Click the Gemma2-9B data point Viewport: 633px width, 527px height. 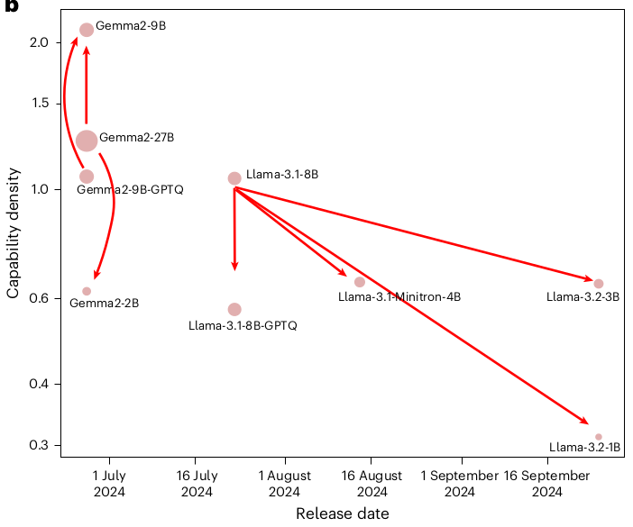coord(87,30)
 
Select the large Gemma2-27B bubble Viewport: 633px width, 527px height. coord(87,141)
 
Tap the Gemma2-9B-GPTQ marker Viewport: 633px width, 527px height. coord(87,177)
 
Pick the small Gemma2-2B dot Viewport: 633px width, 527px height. coord(87,291)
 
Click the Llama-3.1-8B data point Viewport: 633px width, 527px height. coord(234,178)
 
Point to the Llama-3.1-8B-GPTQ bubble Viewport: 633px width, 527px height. coord(234,310)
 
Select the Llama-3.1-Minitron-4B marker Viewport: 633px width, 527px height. coord(360,282)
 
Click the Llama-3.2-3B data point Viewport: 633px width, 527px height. coord(599,284)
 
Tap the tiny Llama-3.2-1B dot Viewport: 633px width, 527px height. coord(599,437)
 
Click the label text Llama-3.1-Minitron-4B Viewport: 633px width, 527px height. coord(399,296)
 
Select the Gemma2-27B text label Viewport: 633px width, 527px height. coord(136,138)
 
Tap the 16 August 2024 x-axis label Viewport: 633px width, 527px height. coord(372,484)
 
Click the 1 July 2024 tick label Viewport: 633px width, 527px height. coord(109,484)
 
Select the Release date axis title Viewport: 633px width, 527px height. coord(343,513)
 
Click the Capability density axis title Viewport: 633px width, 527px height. coord(14,236)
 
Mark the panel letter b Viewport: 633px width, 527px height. coord(9,7)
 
